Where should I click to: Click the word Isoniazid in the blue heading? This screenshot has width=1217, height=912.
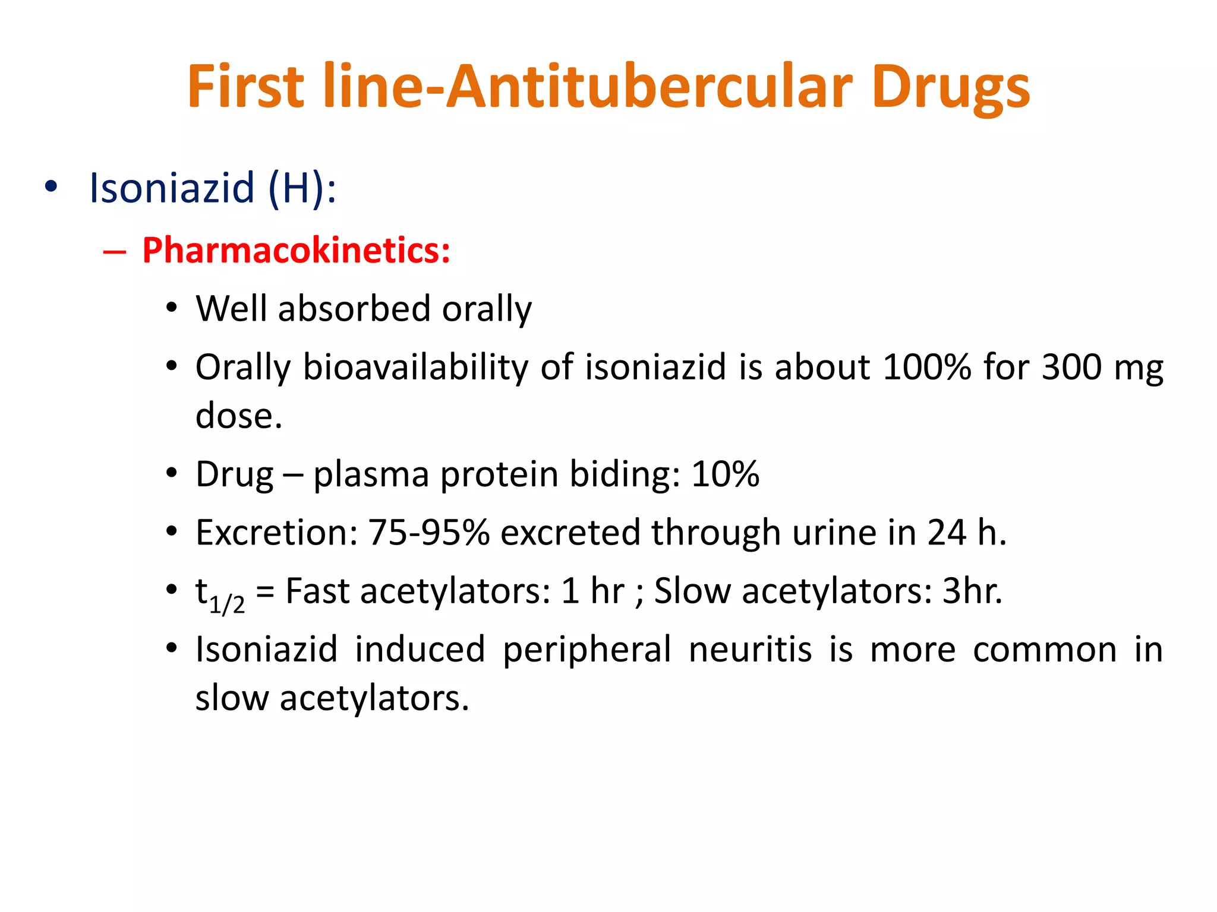(172, 188)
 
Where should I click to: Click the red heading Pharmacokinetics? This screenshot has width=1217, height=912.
(296, 250)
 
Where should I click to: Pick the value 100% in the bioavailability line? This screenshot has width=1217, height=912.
(927, 367)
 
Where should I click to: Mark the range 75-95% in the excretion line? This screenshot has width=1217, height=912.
(428, 532)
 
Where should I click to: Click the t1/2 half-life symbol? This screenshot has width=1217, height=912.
(219, 594)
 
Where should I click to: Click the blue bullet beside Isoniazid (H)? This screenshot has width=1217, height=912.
(51, 187)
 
